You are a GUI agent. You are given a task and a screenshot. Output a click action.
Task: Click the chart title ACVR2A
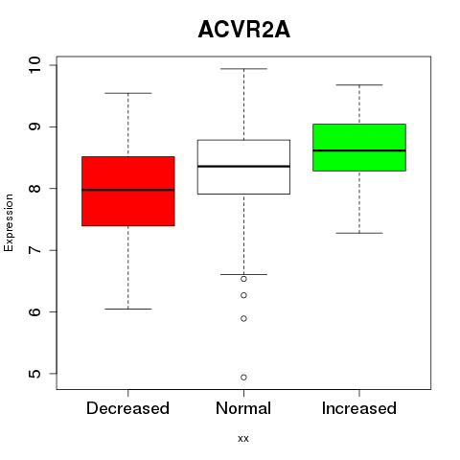[x=244, y=30]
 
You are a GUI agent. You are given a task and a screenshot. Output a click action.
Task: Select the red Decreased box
[x=128, y=191]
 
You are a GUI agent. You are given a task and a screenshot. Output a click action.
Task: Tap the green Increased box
[x=359, y=148]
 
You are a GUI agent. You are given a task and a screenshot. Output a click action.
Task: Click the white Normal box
[x=243, y=167]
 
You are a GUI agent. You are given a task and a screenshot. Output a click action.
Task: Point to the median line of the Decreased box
[x=128, y=190]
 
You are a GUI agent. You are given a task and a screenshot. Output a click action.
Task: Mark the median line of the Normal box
[x=243, y=166]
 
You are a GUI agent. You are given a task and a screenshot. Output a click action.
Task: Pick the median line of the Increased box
[x=359, y=150]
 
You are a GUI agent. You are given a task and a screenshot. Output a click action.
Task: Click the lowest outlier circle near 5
[x=243, y=378]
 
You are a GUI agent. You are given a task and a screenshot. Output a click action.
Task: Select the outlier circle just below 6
[x=243, y=318]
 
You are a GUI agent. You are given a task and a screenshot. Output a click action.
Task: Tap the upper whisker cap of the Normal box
[x=243, y=69]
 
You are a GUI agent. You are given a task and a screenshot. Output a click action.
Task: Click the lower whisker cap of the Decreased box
[x=128, y=309]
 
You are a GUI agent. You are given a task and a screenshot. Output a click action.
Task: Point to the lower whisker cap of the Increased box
[x=359, y=233]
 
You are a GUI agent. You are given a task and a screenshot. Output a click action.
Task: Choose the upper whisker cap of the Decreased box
[x=128, y=93]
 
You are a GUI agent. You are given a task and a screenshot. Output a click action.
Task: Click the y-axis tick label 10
[x=34, y=65]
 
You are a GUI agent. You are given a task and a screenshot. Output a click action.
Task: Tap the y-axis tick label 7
[x=34, y=250]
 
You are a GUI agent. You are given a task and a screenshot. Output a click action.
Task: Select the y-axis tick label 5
[x=34, y=374]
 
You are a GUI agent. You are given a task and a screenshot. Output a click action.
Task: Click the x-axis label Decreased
[x=127, y=408]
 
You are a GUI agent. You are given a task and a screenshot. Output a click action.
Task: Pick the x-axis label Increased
[x=359, y=408]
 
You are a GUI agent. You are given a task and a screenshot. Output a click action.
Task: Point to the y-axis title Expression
[x=9, y=222]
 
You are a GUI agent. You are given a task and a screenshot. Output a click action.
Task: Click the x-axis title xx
[x=243, y=439]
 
